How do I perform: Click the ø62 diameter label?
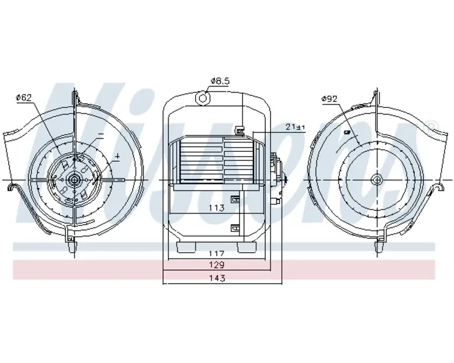point(24,98)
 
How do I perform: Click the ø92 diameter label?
point(329,99)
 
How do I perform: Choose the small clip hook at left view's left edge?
point(12,188)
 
